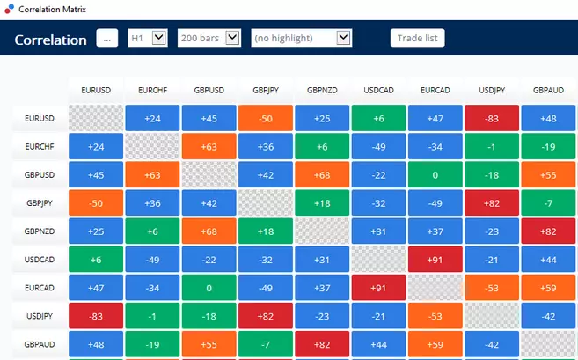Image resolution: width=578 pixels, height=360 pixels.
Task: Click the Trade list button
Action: click(x=417, y=38)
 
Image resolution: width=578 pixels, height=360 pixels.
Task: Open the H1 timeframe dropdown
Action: click(x=148, y=38)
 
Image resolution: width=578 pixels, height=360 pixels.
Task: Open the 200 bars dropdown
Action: click(x=209, y=38)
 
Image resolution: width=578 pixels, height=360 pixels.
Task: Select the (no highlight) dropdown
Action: click(x=301, y=38)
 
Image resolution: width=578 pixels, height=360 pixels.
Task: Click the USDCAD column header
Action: click(x=378, y=91)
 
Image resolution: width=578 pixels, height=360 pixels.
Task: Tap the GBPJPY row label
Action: click(x=40, y=203)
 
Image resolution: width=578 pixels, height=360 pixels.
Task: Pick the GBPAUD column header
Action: click(x=548, y=91)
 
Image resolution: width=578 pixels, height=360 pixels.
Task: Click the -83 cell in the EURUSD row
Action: click(x=492, y=118)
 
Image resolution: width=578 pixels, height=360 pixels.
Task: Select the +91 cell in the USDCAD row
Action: click(x=435, y=260)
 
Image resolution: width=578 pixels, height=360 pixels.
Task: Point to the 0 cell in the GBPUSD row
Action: click(x=435, y=175)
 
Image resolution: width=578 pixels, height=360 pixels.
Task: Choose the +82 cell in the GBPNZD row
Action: click(x=548, y=231)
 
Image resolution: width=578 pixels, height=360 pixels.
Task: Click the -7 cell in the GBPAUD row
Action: click(x=266, y=344)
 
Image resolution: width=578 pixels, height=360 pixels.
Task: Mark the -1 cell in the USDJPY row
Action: click(x=152, y=316)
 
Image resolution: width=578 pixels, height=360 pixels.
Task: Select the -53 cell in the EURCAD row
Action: click(x=492, y=288)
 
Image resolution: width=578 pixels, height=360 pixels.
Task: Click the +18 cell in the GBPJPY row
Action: click(x=322, y=203)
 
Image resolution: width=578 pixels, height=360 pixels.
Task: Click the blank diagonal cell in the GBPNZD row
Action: click(x=322, y=231)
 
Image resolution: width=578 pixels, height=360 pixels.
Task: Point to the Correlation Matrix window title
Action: click(x=52, y=9)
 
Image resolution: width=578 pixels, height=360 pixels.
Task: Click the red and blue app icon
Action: click(x=9, y=9)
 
